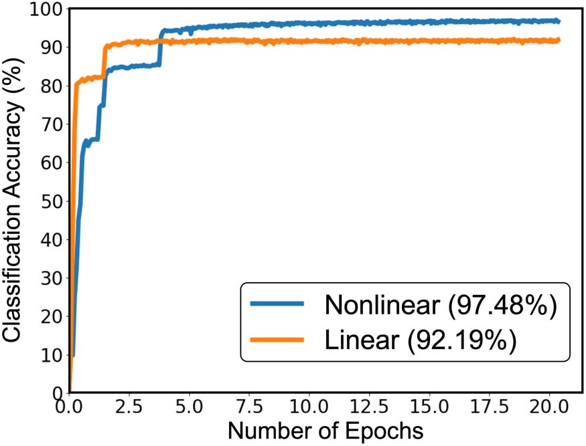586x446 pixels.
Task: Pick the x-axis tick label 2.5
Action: tap(129, 407)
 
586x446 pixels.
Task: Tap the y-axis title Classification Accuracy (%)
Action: tap(15, 201)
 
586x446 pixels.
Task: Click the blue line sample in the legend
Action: tap(277, 304)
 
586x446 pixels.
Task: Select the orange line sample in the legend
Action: tap(277, 340)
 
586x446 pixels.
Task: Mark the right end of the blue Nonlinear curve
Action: tap(559, 21)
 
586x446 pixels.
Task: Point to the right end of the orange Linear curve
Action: tap(559, 41)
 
